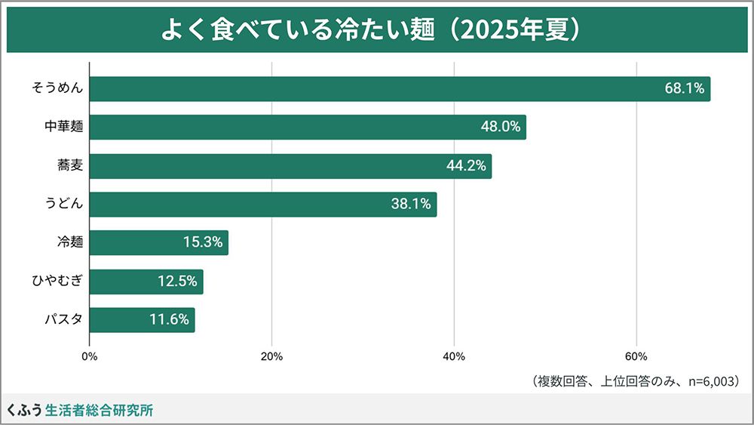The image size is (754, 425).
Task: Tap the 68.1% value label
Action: [x=684, y=89]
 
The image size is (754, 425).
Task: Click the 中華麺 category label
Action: [x=63, y=128]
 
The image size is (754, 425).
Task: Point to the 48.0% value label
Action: [x=501, y=128]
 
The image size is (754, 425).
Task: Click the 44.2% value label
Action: [x=466, y=166]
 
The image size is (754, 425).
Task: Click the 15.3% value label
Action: [x=203, y=243]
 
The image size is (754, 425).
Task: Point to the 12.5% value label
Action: [x=177, y=282]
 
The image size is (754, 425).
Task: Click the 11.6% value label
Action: [x=169, y=320]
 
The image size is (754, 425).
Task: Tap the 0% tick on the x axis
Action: [x=89, y=357]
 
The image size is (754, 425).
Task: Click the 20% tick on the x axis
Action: [x=271, y=357]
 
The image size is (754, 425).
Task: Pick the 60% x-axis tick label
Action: [x=636, y=357]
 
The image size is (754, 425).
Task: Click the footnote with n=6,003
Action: [x=633, y=381]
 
